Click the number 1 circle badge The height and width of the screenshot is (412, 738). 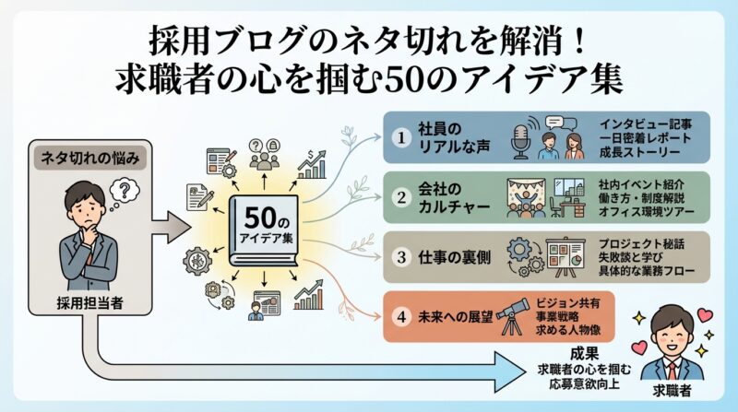(x=400, y=136)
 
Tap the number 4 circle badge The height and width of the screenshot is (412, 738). (x=400, y=315)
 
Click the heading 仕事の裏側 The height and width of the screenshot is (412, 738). (x=456, y=254)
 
